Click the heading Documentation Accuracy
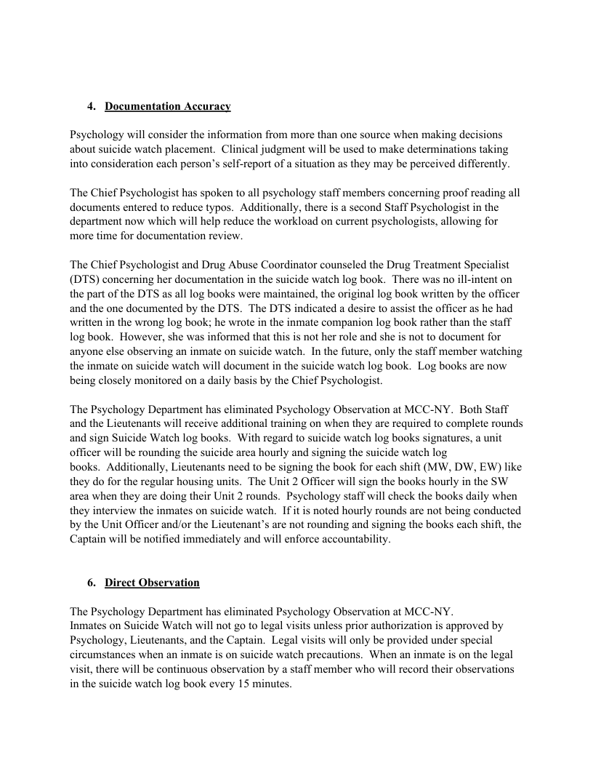(168, 107)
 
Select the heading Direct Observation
(152, 583)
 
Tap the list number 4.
(91, 107)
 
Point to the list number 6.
(91, 583)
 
